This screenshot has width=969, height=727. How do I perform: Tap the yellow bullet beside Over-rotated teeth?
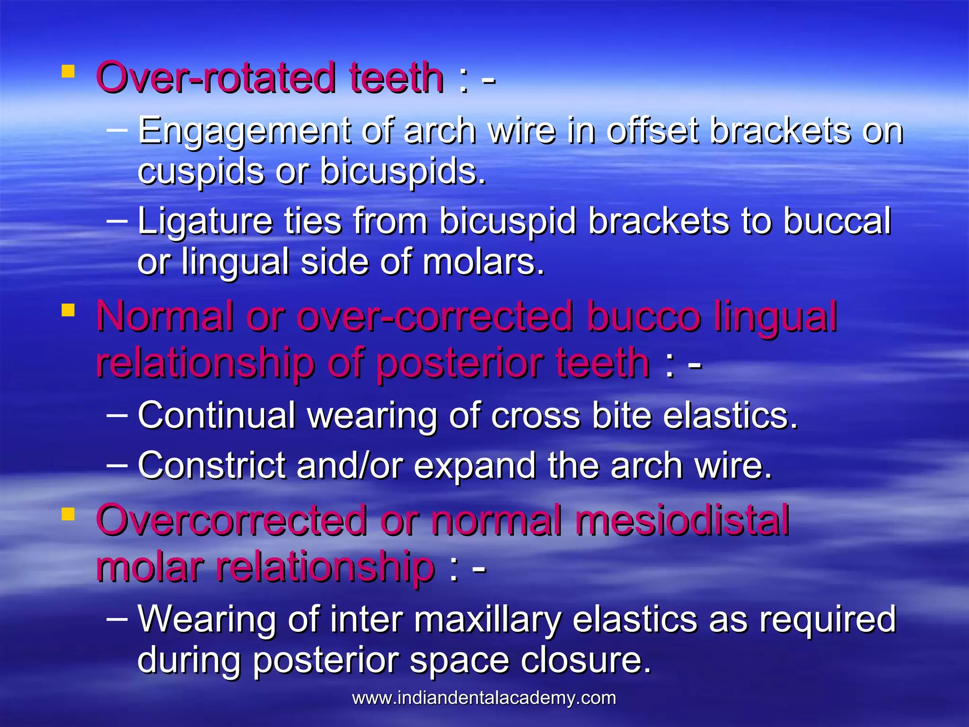(68, 71)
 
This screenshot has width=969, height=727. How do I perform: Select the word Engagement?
(244, 131)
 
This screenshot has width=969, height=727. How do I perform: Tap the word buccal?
(837, 221)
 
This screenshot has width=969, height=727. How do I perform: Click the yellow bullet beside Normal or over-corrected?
(68, 310)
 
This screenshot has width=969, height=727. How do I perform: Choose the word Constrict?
(211, 465)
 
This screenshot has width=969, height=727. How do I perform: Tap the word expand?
(475, 466)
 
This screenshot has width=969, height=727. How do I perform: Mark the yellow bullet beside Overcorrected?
(68, 514)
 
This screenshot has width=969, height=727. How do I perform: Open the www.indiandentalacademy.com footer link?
(484, 698)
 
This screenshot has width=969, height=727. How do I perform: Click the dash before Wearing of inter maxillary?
(117, 618)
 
